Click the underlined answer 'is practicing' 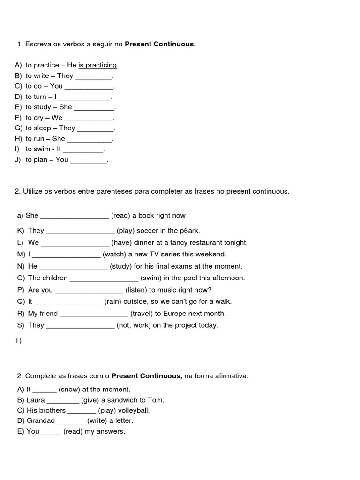coord(97,65)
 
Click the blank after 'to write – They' coord(94,76)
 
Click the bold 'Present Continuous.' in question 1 coord(160,44)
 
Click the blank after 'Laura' coord(63,401)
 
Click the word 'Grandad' coord(41,421)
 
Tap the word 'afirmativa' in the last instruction coord(230,376)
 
